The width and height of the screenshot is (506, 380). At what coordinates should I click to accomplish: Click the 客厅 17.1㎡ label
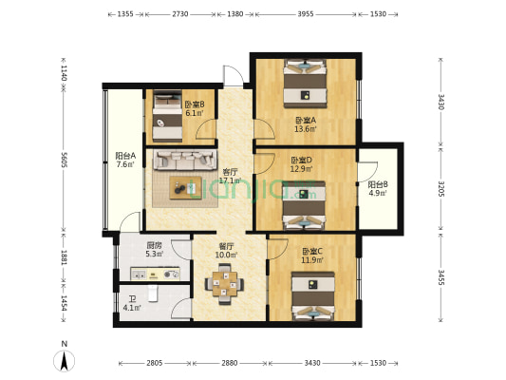229,176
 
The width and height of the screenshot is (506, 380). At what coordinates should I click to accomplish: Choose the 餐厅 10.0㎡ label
226,250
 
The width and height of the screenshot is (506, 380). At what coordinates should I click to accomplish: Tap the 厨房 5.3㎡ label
130,250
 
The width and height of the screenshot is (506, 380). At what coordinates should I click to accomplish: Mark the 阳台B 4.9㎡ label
377,190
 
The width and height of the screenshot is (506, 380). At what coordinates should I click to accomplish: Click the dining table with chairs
225,283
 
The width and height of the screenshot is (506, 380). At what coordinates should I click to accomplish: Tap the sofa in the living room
178,161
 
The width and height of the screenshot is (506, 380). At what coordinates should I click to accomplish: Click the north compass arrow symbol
64,359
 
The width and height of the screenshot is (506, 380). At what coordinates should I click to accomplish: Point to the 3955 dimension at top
305,14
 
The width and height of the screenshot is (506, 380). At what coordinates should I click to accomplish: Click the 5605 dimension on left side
63,161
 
